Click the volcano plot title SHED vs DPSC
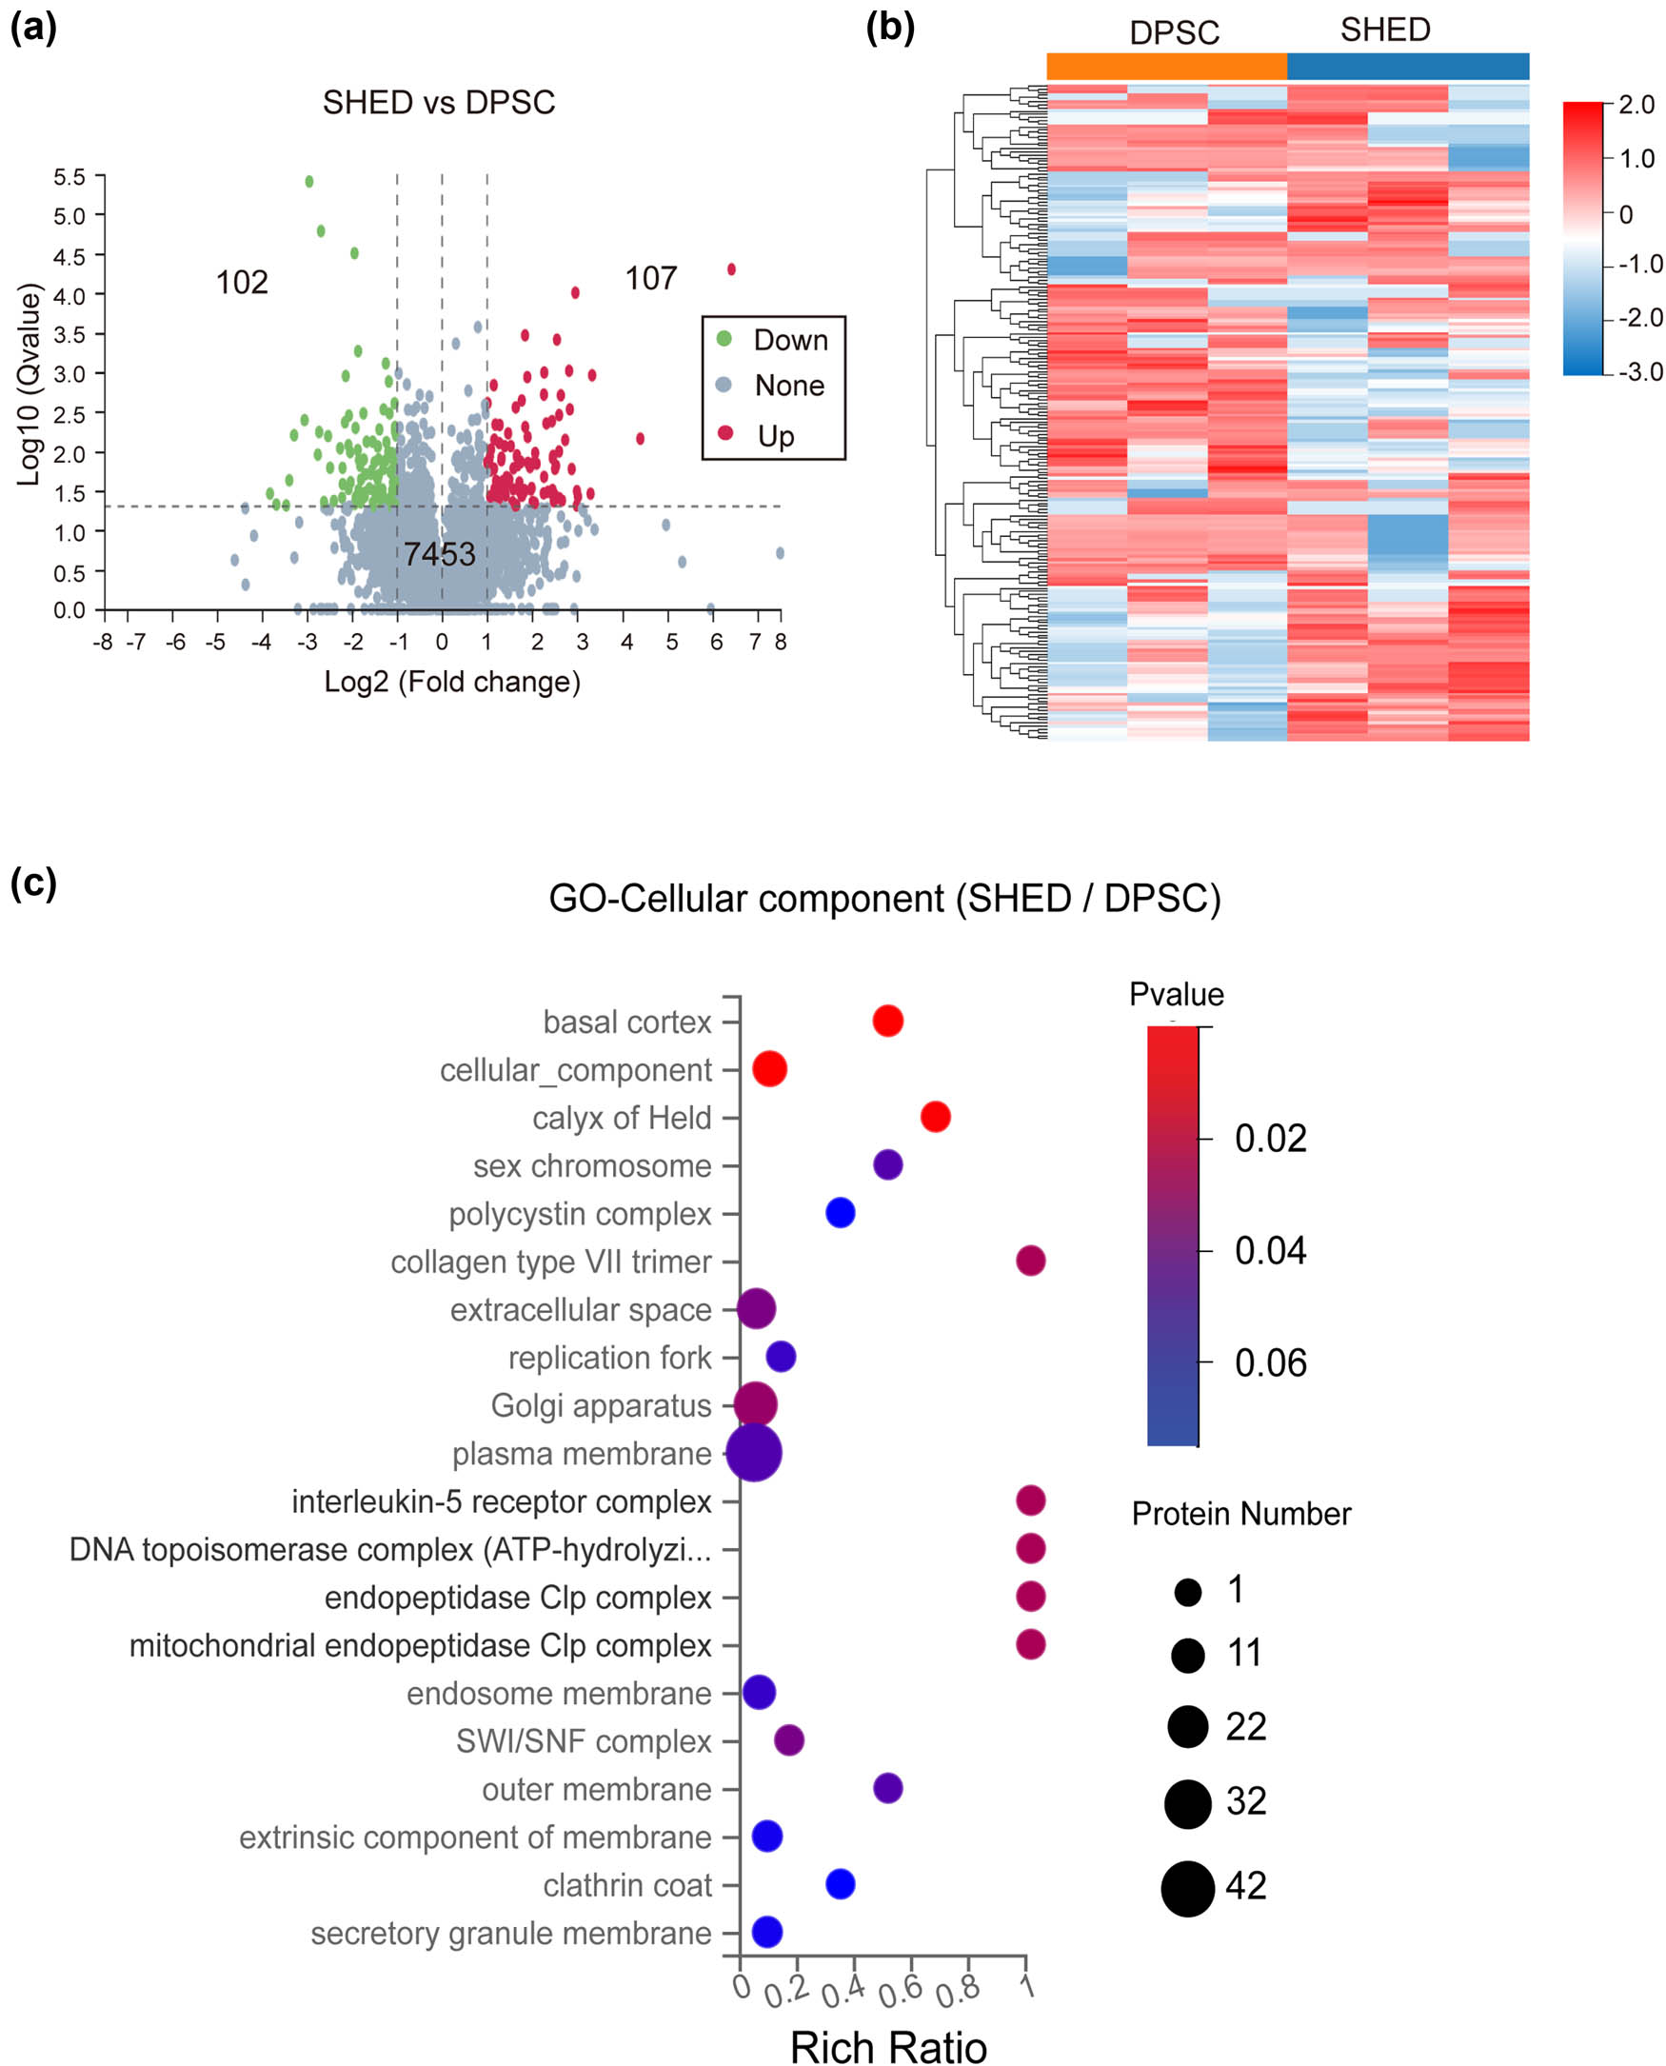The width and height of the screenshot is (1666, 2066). point(439,103)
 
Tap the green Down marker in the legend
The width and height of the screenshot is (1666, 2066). point(724,339)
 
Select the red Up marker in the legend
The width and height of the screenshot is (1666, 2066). point(725,434)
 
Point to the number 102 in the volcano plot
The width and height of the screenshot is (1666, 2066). point(242,282)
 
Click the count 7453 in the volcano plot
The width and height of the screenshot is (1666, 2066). point(440,554)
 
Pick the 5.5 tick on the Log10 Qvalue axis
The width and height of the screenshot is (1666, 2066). point(69,177)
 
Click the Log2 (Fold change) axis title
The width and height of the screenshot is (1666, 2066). point(452,682)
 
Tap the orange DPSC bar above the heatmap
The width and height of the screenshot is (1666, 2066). point(1166,67)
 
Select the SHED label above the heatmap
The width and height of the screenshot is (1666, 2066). point(1385,30)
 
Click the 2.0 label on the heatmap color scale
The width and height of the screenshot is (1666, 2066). point(1636,105)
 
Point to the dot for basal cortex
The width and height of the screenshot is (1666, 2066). point(887,1021)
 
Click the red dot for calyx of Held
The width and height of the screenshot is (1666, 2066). point(936,1117)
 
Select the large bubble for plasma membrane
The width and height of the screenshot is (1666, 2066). point(754,1453)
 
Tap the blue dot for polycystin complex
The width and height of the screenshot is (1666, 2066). point(841,1213)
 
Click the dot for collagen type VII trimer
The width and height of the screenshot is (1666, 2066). point(1031,1261)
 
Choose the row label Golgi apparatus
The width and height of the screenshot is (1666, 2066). point(601,1406)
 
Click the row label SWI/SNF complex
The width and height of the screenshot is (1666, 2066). point(584,1740)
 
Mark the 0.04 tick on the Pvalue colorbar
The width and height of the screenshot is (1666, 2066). point(1270,1251)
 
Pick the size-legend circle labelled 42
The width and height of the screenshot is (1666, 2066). point(1188,1888)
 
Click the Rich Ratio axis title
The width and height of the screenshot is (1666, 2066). point(887,2047)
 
